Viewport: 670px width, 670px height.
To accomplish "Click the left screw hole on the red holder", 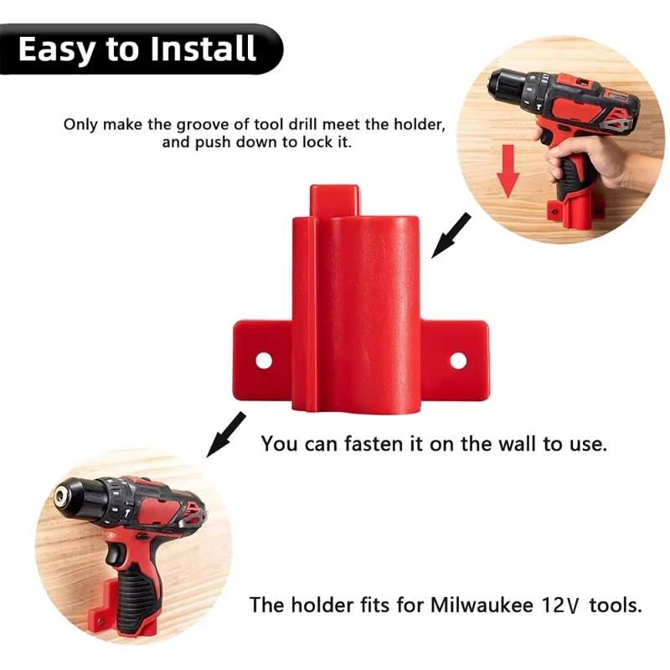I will coord(264,361).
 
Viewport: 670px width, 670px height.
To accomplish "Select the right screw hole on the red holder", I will coord(457,360).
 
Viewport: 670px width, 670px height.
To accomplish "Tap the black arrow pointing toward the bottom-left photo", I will coord(221,433).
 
